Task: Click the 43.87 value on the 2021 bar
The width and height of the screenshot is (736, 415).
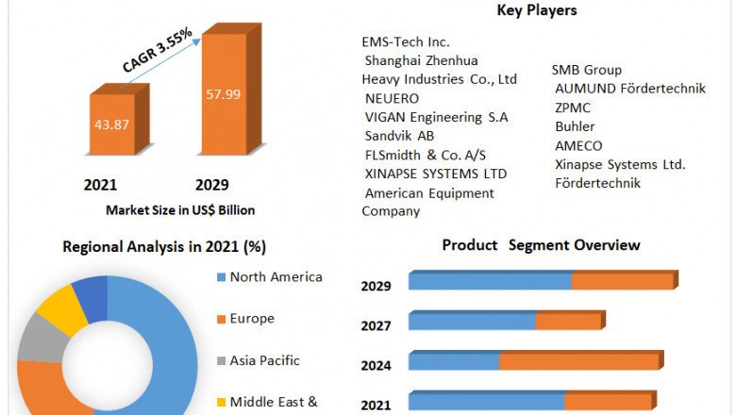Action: click(x=111, y=124)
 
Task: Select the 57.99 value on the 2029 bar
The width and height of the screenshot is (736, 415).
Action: click(x=223, y=94)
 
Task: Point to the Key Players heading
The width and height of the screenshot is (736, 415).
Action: click(x=537, y=11)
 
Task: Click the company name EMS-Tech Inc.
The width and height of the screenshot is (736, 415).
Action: click(x=406, y=42)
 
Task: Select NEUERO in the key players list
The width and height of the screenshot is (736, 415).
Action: click(x=392, y=98)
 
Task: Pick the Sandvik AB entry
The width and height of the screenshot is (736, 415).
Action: click(x=399, y=136)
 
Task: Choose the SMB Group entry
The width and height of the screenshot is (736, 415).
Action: click(x=587, y=70)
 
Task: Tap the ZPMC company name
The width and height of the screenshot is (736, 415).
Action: click(x=574, y=108)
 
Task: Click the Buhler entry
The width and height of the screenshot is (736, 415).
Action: click(x=576, y=126)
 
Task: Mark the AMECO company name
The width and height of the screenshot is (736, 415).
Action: click(x=579, y=145)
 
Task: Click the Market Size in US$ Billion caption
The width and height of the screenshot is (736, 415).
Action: click(x=180, y=210)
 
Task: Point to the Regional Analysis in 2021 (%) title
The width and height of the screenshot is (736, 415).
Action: click(x=164, y=247)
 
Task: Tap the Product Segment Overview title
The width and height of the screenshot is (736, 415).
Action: click(x=541, y=245)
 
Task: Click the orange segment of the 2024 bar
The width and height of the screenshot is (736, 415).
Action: click(x=579, y=361)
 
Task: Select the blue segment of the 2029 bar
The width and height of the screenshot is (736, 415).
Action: click(x=490, y=281)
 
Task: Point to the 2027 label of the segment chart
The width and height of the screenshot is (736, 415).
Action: click(x=376, y=325)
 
